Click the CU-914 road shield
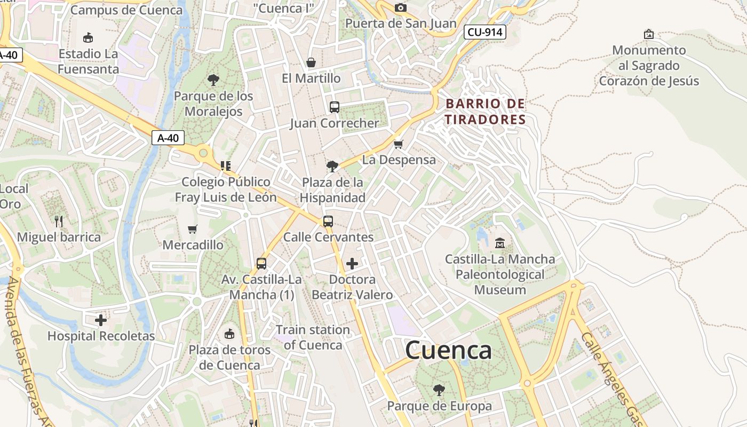484,32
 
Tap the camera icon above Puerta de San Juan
400,7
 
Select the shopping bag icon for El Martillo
311,62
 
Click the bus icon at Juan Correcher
335,107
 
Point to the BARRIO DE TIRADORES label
486,111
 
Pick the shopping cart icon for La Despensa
398,144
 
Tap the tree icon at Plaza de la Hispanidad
332,166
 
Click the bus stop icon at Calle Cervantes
328,221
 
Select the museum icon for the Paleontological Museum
500,243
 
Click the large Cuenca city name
448,350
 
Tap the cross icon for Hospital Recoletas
100,320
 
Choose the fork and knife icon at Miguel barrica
59,221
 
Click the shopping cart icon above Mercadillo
193,229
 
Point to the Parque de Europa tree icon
439,390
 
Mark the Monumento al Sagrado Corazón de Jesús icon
649,34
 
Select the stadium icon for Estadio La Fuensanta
88,37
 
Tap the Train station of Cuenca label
313,337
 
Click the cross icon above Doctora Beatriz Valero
352,263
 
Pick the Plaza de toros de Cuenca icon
229,334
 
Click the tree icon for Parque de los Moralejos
213,80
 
